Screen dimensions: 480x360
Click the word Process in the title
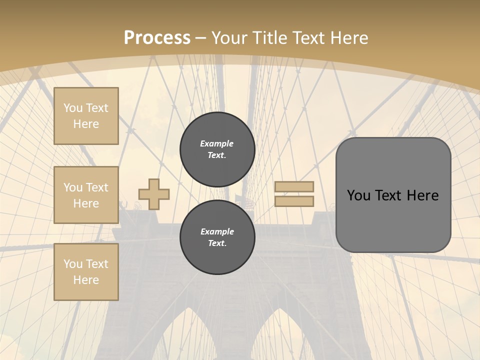157,37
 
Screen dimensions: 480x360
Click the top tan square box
86,116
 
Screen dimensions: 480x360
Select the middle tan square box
86,195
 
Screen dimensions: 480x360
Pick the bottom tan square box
86,272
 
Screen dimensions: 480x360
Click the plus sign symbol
154,194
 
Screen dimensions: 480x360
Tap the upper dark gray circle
217,149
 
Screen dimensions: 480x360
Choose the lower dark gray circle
217,237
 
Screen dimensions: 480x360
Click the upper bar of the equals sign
294,186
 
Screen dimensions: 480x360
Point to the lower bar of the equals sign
294,201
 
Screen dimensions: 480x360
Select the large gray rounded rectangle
393,195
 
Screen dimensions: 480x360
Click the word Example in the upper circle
217,143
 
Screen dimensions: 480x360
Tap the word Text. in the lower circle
217,243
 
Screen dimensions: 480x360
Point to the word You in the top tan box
73,108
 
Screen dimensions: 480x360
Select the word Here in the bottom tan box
86,280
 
